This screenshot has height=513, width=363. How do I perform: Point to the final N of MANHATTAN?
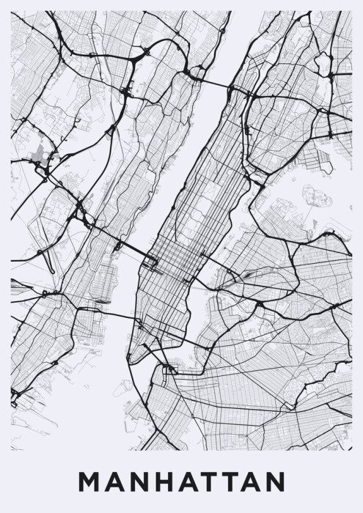274,483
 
